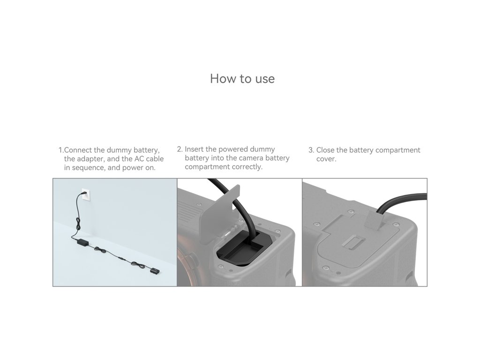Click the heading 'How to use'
242,79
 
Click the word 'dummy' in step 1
119,150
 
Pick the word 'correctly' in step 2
247,167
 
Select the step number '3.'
311,150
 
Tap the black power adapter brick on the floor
82,242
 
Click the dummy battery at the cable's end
155,271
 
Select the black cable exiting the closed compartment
401,203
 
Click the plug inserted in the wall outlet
83,193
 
